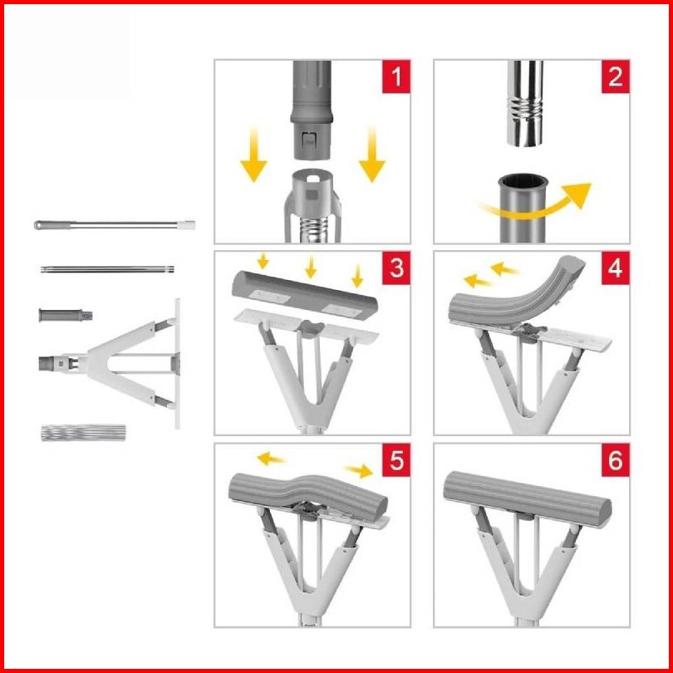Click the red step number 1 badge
[x=395, y=76]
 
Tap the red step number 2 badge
[x=615, y=76]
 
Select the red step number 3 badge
[x=395, y=268]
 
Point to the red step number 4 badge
[x=615, y=268]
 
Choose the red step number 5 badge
[x=395, y=459]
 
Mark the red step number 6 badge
[x=615, y=459]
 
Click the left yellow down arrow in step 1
[x=253, y=155]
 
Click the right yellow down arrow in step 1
[x=372, y=155]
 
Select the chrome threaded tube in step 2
[x=524, y=103]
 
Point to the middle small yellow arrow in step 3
[x=311, y=267]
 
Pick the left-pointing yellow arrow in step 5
[x=270, y=459]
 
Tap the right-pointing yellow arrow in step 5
[x=360, y=471]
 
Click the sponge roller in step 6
[x=528, y=499]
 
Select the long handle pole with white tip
[x=115, y=224]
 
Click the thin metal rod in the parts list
[x=107, y=269]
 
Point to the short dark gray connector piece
[x=66, y=315]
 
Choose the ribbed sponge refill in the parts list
[x=84, y=433]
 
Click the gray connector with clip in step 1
[x=312, y=110]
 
